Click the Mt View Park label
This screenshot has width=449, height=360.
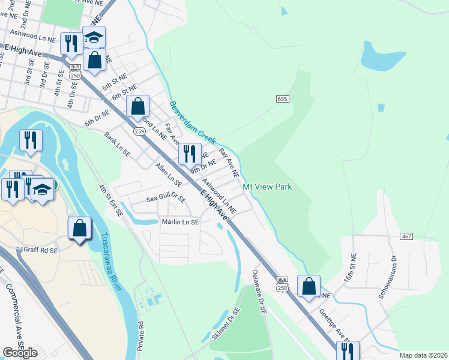[x=267, y=187]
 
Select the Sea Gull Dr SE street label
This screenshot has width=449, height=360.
[x=166, y=197]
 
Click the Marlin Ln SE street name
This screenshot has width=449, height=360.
[x=180, y=222]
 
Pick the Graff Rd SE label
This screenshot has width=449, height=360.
[x=40, y=250]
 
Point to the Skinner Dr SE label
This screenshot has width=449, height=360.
[x=225, y=326]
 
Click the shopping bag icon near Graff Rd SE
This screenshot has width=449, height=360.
[x=79, y=229]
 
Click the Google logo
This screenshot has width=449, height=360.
[x=20, y=352]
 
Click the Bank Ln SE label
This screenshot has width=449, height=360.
[x=117, y=145]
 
